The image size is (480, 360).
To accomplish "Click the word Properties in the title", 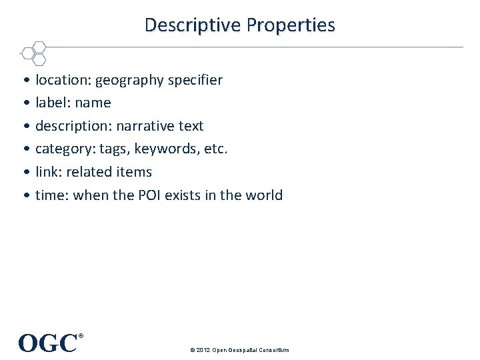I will tap(291, 25).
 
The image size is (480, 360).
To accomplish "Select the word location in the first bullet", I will tap(63, 80).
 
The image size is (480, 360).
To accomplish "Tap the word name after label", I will tap(93, 103).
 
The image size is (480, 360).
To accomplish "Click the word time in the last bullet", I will tap(51, 195).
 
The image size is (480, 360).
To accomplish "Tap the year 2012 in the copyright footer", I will tap(203, 350).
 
